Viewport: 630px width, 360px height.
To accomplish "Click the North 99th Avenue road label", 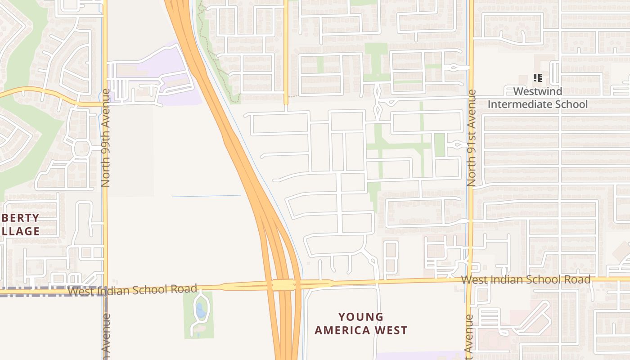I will tap(105, 138).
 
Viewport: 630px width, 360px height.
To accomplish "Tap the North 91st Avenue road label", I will tap(471, 138).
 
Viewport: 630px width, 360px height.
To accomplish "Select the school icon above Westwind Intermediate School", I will tap(537, 78).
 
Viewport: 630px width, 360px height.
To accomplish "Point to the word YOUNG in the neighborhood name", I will tap(361, 317).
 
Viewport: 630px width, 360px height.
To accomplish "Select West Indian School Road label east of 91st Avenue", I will tap(526, 279).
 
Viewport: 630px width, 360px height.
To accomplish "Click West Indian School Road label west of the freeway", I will tap(132, 289).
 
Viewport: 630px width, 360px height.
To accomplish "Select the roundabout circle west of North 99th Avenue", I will tap(81, 147).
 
